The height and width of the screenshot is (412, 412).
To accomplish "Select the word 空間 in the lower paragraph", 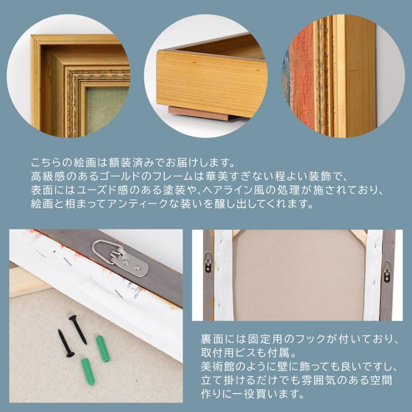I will tap(385, 380).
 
